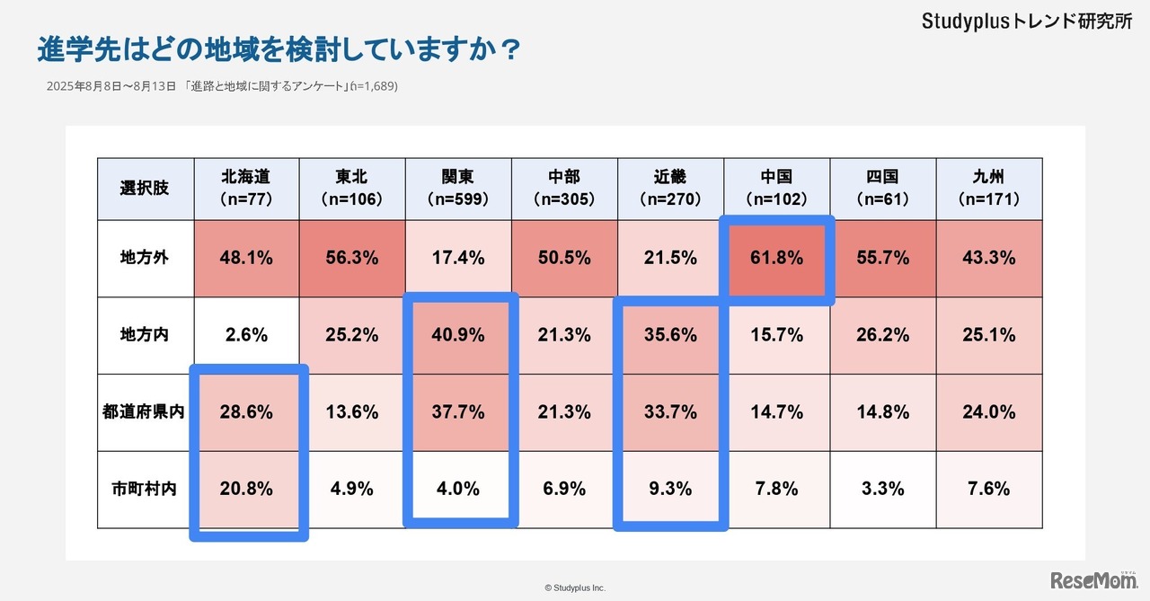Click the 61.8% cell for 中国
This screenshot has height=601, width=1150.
777,258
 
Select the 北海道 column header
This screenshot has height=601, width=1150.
246,189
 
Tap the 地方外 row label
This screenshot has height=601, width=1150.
145,258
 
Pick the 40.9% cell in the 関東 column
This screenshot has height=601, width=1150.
458,335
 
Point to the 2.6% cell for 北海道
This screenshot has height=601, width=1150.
246,335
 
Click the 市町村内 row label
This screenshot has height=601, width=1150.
145,490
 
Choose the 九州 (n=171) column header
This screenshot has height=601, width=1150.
989,189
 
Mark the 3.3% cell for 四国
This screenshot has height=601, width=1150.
883,490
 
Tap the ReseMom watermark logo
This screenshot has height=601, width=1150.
1094,580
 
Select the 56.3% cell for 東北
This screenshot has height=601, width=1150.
352,258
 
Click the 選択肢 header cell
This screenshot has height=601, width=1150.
145,189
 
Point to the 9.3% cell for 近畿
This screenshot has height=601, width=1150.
670,490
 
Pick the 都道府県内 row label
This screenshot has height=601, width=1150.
145,412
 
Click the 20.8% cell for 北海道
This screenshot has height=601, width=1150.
246,490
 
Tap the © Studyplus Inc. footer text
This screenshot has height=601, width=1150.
575,588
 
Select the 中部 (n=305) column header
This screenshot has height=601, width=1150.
564,189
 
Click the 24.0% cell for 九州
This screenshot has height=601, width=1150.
989,412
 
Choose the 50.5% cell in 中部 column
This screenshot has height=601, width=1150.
564,258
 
